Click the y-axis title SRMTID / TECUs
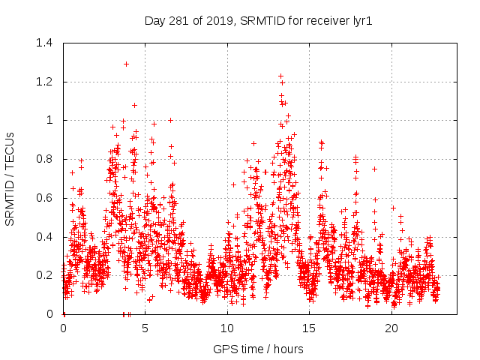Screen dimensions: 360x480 coord(10,178)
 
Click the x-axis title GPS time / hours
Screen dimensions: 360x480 coord(258,349)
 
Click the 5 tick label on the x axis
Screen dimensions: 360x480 coord(145,328)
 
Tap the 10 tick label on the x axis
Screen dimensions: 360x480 coord(227,328)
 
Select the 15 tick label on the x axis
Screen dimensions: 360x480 coord(310,328)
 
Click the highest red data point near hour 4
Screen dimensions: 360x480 coord(126,64)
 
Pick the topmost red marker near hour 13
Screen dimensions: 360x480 coord(280,76)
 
